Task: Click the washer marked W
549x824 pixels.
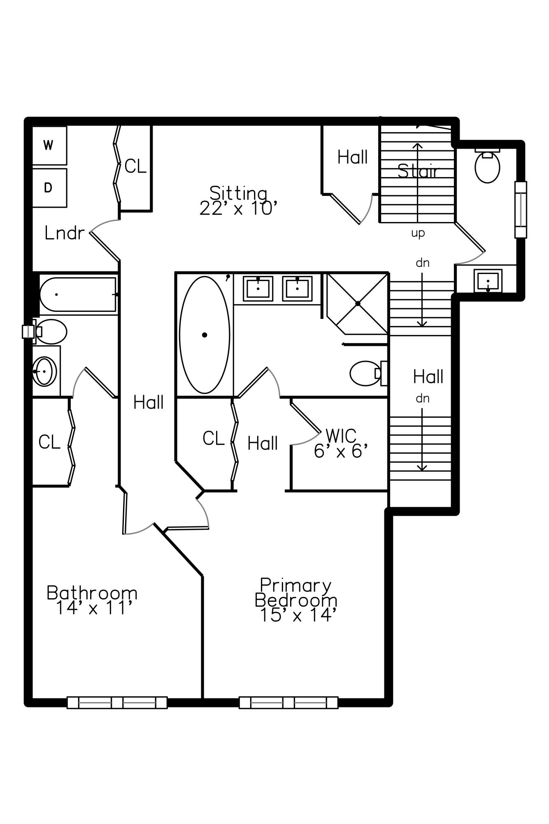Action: pyautogui.click(x=49, y=145)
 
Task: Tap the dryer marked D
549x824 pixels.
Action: pyautogui.click(x=49, y=188)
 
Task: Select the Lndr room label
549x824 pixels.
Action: pyautogui.click(x=64, y=233)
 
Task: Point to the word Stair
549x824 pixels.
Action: pyautogui.click(x=418, y=171)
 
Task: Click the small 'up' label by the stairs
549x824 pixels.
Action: pyautogui.click(x=418, y=233)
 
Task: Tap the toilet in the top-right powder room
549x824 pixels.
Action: pyautogui.click(x=487, y=166)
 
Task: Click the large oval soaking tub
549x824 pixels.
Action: pyautogui.click(x=205, y=335)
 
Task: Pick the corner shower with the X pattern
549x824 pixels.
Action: pyautogui.click(x=357, y=303)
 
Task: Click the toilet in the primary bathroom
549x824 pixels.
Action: pyautogui.click(x=366, y=373)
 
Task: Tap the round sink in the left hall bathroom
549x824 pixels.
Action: pyautogui.click(x=44, y=372)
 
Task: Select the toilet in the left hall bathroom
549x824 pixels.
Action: pyautogui.click(x=51, y=331)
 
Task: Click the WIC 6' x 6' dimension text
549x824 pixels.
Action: pyautogui.click(x=340, y=452)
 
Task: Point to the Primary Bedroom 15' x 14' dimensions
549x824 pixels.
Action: pyautogui.click(x=298, y=615)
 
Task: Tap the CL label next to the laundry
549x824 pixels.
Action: pyautogui.click(x=135, y=166)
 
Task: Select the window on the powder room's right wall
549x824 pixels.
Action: pyautogui.click(x=521, y=210)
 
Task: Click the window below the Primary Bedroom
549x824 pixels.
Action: pyautogui.click(x=288, y=702)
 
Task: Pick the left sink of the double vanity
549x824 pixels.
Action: pyautogui.click(x=258, y=288)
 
